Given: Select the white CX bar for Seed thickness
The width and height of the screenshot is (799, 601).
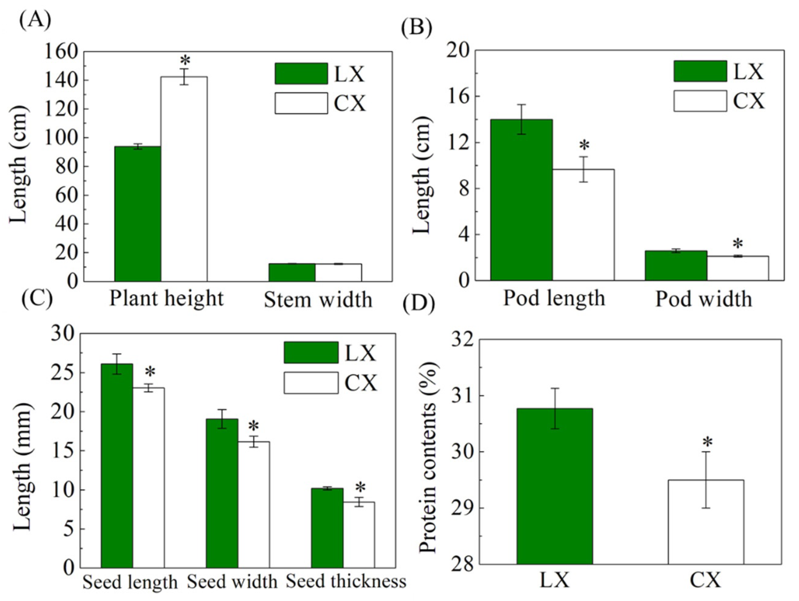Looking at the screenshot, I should point(359,534).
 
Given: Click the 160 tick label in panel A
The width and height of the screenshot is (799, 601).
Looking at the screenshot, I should point(61,52).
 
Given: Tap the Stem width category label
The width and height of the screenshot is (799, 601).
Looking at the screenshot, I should point(318,300).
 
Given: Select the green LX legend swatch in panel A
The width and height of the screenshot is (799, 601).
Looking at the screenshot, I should point(301,74).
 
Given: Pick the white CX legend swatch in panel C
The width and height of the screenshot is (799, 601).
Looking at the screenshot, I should point(311,383).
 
